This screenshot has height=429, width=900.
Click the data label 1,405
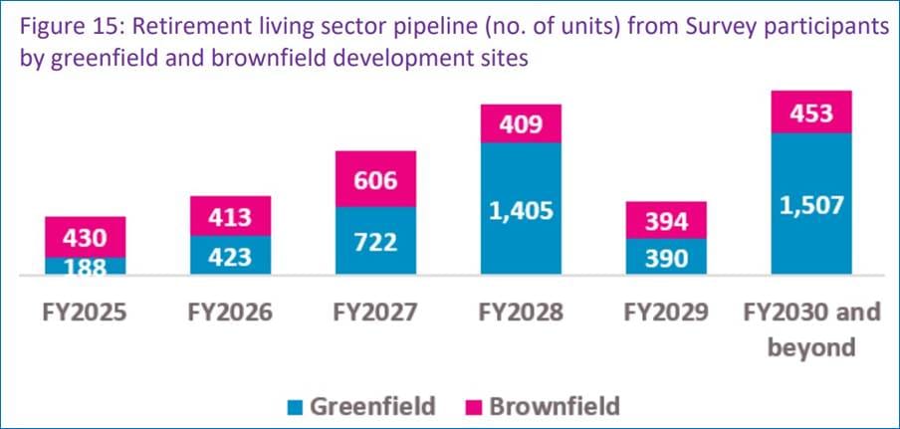tap(521, 211)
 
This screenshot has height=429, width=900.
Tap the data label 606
tap(375, 182)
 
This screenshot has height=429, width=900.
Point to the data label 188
tap(85, 267)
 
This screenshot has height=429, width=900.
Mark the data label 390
tap(665, 260)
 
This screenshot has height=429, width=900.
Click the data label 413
tap(229, 216)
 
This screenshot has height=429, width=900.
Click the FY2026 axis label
tap(229, 313)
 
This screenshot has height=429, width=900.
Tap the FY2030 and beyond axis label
tap(810, 328)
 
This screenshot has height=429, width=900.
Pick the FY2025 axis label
tap(85, 313)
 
